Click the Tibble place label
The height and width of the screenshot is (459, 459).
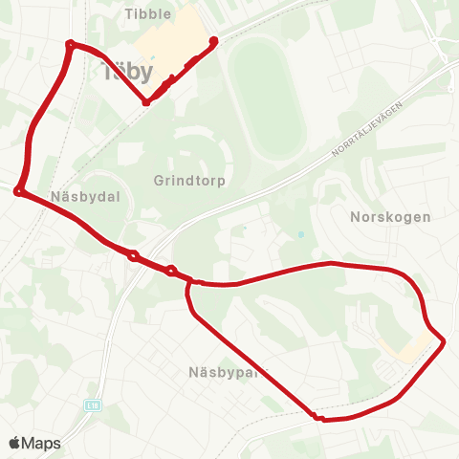[x=148, y=13]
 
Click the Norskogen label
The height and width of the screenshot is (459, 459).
[x=391, y=217]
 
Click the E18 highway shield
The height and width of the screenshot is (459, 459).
[x=92, y=405]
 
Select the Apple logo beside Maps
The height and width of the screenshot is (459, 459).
[x=15, y=443]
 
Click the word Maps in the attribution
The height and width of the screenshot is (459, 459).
[x=41, y=443]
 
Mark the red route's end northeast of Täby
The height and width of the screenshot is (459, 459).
[x=213, y=40]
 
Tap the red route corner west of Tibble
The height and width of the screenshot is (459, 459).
[x=70, y=43]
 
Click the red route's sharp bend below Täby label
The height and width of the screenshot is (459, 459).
[x=146, y=102]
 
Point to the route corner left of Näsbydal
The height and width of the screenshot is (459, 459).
[x=18, y=191]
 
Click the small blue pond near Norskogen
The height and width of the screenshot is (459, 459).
[x=300, y=234]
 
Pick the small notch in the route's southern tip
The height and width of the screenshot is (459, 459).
[x=315, y=416]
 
